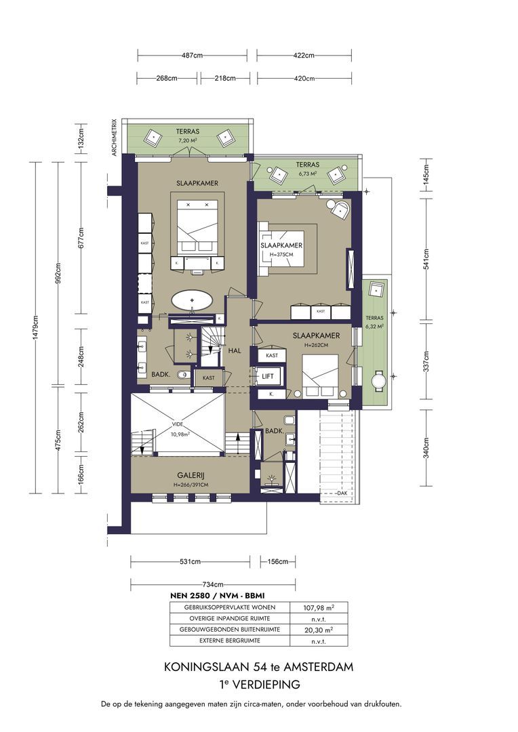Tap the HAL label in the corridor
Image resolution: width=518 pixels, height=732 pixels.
pyautogui.click(x=235, y=350)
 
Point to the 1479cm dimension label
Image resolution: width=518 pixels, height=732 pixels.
pyautogui.click(x=35, y=329)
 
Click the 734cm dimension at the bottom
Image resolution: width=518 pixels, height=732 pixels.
pyautogui.click(x=213, y=584)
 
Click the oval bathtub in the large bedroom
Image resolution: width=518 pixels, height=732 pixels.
pyautogui.click(x=196, y=300)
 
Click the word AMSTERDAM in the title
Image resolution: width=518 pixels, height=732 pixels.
pyautogui.click(x=318, y=667)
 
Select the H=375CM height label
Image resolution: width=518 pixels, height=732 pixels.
pyautogui.click(x=281, y=254)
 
